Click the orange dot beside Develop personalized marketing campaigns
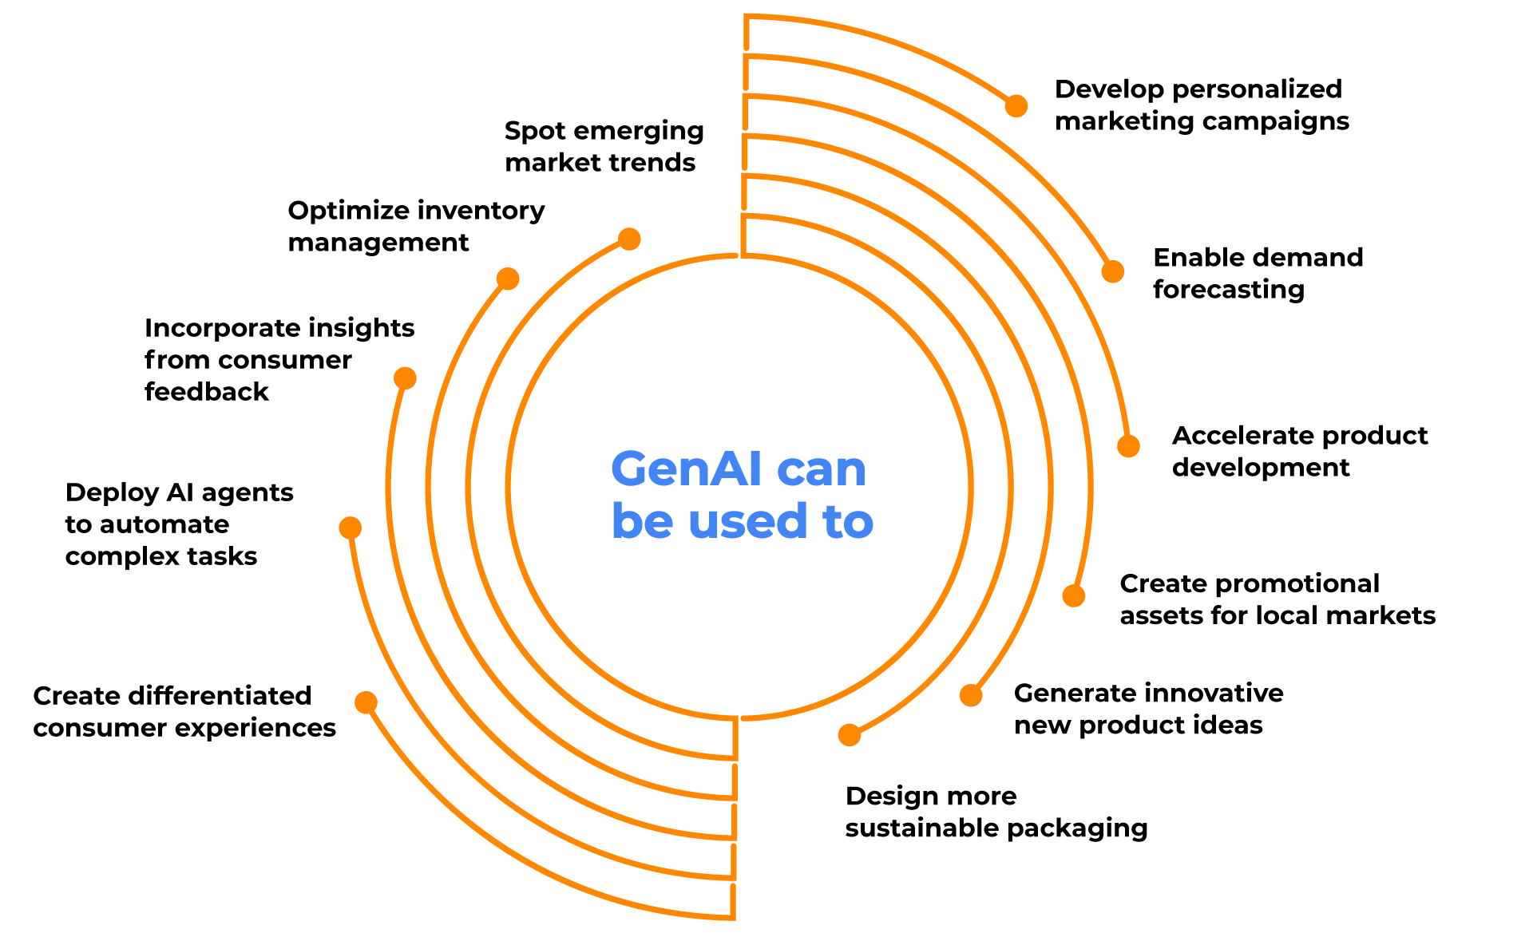[1016, 105]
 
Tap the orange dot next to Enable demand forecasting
[1112, 271]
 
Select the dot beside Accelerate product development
[1128, 446]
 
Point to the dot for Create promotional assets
[1074, 595]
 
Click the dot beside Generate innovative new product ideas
[971, 695]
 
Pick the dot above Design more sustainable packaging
[850, 735]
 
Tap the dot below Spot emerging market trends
[629, 239]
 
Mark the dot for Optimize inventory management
[508, 279]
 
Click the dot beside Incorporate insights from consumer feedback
[405, 378]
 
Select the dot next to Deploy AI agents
[350, 528]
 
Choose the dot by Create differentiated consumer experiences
[366, 702]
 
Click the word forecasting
[1228, 290]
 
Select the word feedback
[206, 392]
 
